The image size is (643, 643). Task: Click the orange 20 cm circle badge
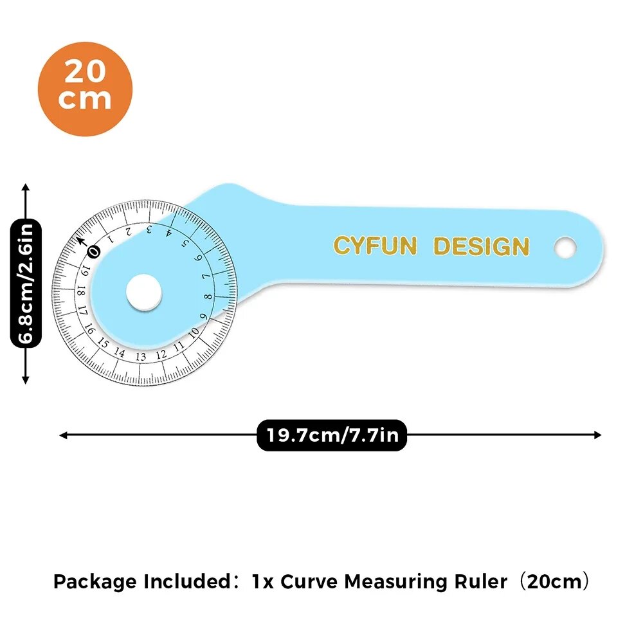coord(85,89)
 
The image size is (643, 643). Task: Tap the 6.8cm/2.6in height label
coord(26,283)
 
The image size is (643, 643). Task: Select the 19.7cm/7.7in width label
coord(332,435)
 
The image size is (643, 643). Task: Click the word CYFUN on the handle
coord(375,246)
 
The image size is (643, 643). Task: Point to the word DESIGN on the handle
coord(481,246)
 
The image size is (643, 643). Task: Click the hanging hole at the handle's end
coord(565,248)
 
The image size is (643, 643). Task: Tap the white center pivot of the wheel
coord(143,293)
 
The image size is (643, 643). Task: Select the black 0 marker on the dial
coord(95,251)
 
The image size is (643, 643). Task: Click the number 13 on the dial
coord(141,356)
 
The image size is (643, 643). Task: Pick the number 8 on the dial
coord(208,296)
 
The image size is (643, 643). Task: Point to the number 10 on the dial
coord(194,332)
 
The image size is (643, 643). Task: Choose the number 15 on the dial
coord(103,343)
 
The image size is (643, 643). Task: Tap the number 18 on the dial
coord(81,291)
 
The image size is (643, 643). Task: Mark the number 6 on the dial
coord(199,258)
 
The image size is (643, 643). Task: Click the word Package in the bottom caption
coord(95,582)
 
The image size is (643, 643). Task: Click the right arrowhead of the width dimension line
coord(598,435)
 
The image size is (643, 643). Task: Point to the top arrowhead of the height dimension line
coord(26,187)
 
